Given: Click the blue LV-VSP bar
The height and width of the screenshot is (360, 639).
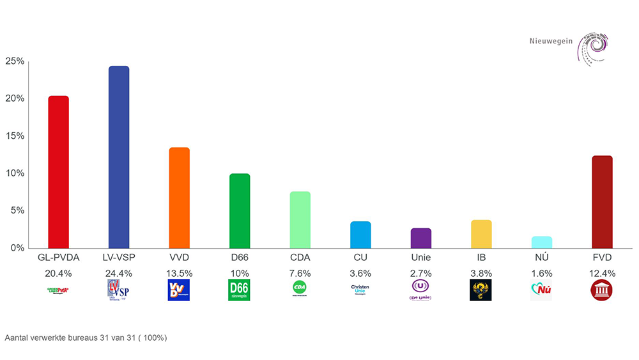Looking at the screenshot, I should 119,157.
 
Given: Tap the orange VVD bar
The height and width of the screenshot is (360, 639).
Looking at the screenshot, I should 179,198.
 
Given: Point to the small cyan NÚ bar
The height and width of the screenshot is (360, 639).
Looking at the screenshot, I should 541,242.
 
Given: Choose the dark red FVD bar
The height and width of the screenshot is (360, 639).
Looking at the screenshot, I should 602,201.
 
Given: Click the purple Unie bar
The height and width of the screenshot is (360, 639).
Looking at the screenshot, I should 420,238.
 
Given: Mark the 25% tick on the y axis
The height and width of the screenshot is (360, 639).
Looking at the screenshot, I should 15,61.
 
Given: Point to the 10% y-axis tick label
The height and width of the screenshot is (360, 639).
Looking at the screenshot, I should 15,173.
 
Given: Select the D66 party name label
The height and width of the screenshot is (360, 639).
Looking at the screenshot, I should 239,258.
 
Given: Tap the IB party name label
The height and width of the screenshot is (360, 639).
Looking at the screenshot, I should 481,258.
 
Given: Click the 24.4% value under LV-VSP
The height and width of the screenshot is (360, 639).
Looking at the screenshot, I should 119,274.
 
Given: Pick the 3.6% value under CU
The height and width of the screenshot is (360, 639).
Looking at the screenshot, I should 360,274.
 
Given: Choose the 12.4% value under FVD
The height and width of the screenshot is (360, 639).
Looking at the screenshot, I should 602,274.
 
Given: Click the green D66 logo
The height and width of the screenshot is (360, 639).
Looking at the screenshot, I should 239,290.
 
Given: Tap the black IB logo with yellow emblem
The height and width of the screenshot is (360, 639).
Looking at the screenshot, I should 481,290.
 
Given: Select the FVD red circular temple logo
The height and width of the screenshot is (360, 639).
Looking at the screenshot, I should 602,290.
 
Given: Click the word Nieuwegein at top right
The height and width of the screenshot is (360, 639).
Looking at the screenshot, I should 551,42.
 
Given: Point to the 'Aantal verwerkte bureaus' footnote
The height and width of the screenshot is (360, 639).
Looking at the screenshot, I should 86,337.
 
